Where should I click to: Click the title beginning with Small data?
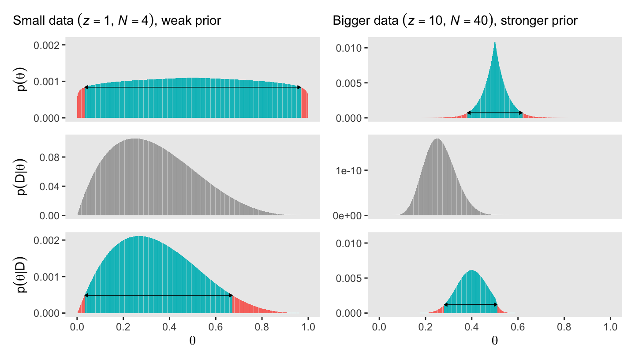[x=117, y=21]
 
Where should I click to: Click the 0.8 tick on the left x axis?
[x=262, y=327]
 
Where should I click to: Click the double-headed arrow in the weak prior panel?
[x=192, y=87]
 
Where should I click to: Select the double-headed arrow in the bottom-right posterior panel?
[x=471, y=305]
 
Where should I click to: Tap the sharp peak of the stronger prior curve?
[x=495, y=43]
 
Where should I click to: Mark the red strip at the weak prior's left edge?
[x=80, y=106]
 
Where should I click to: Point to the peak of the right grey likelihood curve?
[x=437, y=140]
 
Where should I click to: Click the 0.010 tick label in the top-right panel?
[x=348, y=48]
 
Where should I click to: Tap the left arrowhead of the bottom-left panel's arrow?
[x=86, y=295]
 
